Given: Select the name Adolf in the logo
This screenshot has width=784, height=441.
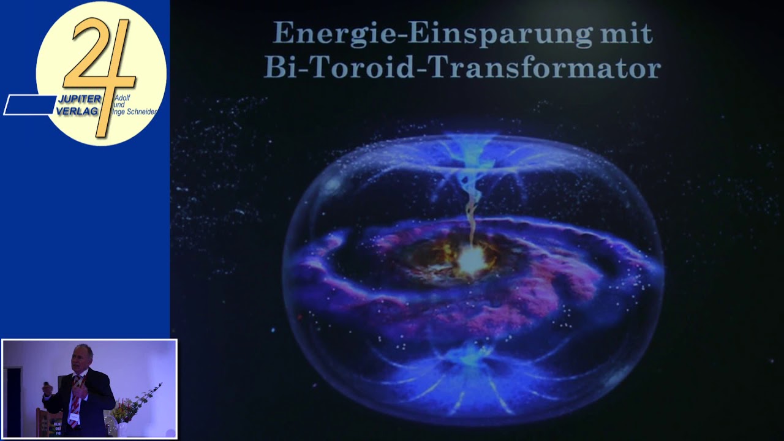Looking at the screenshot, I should (123, 98).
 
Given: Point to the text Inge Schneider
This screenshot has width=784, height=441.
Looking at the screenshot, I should (135, 111).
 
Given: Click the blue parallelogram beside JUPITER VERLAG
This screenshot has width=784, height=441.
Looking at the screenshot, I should (29, 105).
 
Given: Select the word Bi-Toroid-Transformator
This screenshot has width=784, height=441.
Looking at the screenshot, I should (462, 67).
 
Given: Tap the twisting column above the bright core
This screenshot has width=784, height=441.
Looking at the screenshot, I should (472, 208).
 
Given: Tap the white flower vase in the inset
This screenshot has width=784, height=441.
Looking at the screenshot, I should (120, 429).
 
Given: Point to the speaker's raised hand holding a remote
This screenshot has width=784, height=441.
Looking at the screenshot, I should (47, 388).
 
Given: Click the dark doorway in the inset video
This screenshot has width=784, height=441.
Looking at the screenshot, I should (13, 398).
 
